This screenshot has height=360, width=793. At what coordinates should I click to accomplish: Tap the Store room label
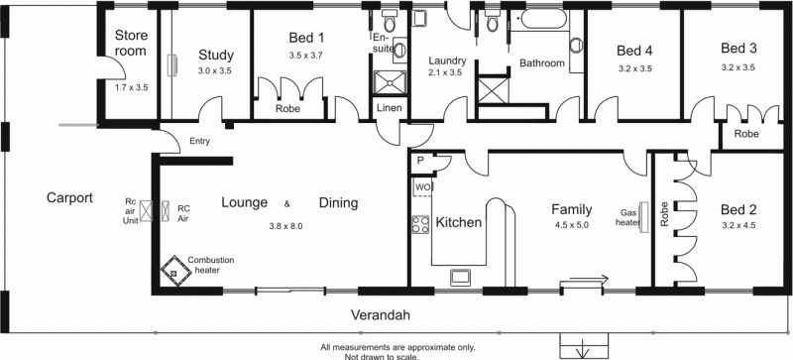tap(131, 43)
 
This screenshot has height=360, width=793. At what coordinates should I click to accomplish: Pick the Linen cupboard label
tap(390, 108)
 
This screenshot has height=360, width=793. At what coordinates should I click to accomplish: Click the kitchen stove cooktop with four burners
tap(420, 225)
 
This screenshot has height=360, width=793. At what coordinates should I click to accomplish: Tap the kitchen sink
tap(461, 277)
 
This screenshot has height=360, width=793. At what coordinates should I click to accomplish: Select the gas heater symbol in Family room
tap(644, 218)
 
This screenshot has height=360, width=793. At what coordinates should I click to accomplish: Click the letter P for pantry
tap(420, 161)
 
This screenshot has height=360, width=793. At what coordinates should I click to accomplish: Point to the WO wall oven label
tap(423, 187)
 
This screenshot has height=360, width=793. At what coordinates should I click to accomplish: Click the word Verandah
tap(381, 315)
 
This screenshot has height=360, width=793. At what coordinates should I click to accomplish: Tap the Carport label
tap(69, 197)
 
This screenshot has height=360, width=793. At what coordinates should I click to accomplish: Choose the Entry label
tap(199, 141)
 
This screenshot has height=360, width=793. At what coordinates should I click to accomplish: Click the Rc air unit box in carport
tap(145, 211)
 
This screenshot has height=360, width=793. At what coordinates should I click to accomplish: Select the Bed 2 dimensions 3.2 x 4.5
tap(739, 226)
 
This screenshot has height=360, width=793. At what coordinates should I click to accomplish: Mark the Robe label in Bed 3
tap(746, 134)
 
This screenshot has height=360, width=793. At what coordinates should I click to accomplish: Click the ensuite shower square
tap(390, 82)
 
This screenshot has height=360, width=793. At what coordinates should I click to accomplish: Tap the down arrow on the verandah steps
tap(584, 349)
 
